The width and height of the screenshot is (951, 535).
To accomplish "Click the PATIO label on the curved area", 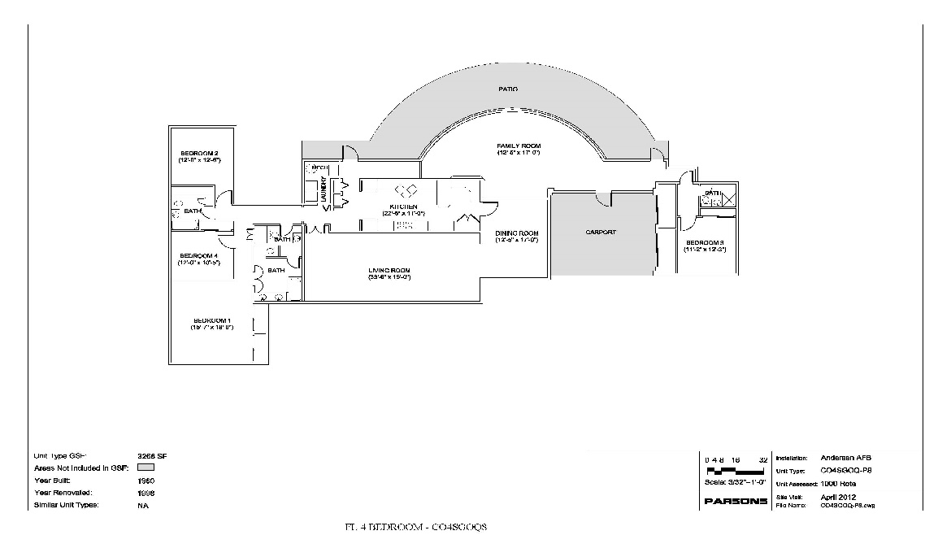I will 508,89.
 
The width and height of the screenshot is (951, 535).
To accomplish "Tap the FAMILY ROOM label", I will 519,146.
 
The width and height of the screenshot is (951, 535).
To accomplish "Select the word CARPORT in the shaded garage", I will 601,233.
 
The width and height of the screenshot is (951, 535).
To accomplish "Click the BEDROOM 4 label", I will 198,255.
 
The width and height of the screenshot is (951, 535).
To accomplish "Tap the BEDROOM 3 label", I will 704,243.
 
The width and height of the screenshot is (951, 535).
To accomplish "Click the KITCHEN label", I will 403,207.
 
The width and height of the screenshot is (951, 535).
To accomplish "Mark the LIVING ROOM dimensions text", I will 389,278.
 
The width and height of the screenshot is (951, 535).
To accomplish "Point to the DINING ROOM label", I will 517,233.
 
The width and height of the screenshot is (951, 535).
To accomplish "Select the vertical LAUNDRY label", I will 324,189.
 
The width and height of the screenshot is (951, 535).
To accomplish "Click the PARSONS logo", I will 736,501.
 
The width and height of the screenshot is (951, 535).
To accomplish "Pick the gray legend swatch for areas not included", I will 146,468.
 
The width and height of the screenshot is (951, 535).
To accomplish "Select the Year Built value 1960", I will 146,481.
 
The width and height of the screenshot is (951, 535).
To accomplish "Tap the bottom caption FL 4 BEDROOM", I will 415,527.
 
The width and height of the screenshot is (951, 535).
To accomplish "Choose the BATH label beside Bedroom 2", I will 193,211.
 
